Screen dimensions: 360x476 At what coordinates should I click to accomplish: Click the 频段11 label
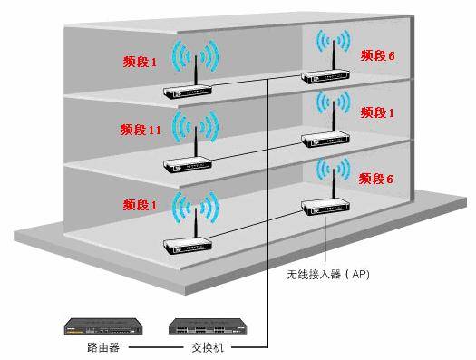click(x=141, y=130)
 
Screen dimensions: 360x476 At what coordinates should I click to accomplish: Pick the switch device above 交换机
click(x=209, y=325)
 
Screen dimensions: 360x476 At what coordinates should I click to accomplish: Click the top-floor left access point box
click(x=188, y=91)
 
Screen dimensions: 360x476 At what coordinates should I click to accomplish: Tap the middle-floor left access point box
click(x=189, y=164)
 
